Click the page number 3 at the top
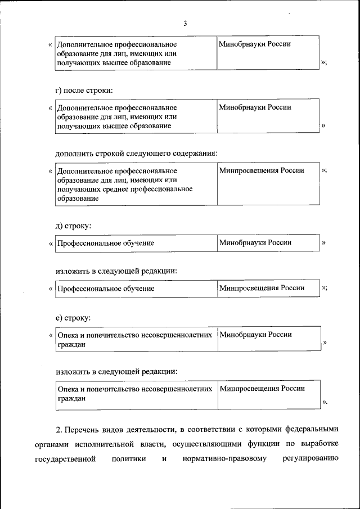click(185, 23)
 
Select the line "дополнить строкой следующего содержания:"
click(136, 152)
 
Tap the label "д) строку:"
click(73, 226)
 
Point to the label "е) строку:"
click(73, 318)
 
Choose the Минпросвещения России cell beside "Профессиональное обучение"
click(262, 288)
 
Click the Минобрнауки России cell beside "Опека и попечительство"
click(255, 335)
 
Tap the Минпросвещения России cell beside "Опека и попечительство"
click(262, 389)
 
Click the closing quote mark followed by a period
click(325, 402)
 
